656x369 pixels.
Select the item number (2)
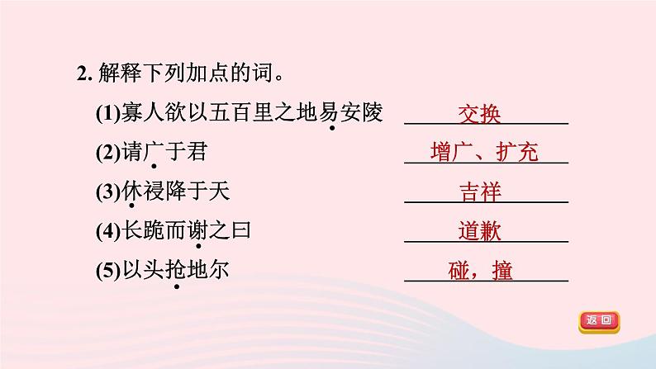pyautogui.click(x=108, y=153)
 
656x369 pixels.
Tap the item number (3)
pyautogui.click(x=108, y=192)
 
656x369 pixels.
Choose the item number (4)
pyautogui.click(x=108, y=231)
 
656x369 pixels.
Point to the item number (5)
pyautogui.click(x=108, y=270)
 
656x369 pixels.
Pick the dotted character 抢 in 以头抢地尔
pyautogui.click(x=173, y=270)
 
